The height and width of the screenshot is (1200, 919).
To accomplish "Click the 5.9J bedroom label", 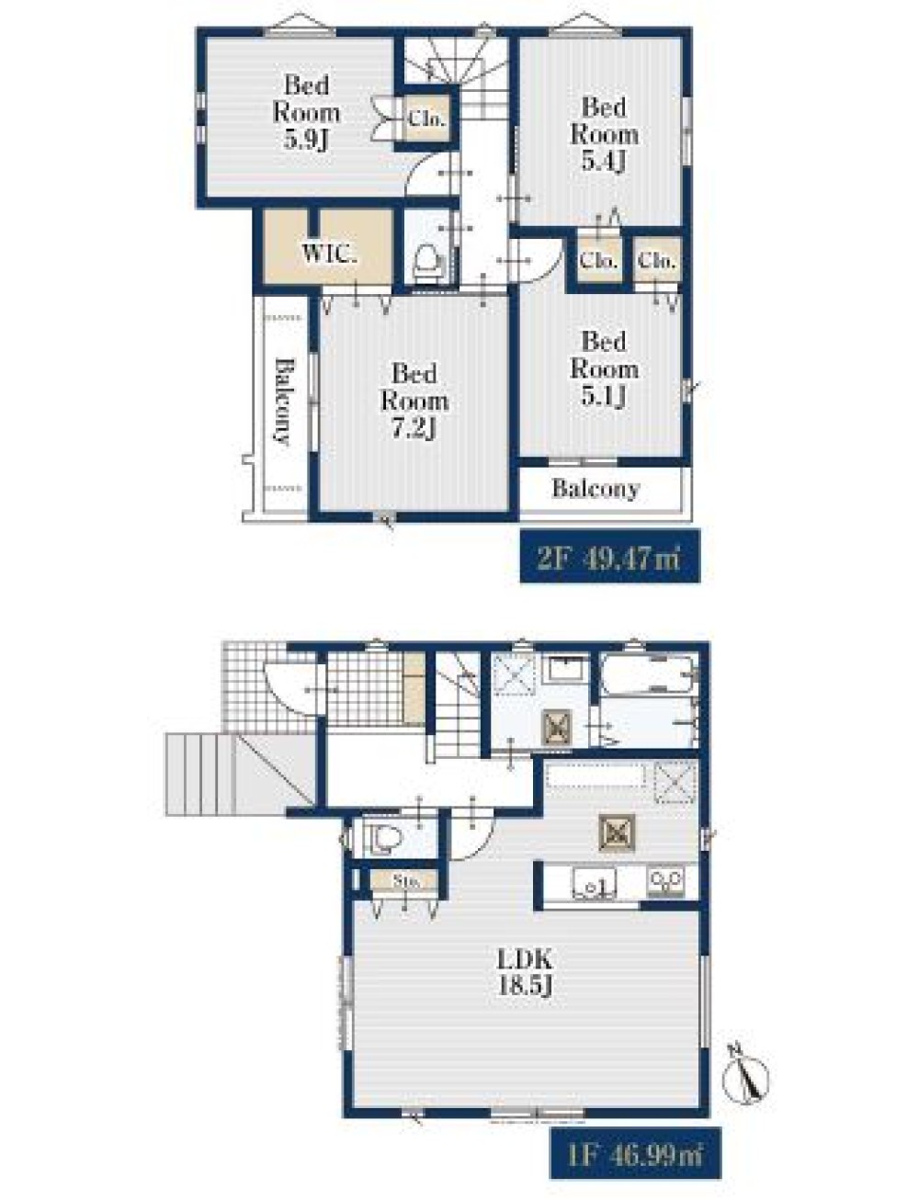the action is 306,113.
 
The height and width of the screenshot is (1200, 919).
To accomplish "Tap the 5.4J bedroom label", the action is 604,134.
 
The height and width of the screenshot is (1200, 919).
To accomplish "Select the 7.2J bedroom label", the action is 414,402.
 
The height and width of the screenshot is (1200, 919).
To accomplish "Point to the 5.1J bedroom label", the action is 604,368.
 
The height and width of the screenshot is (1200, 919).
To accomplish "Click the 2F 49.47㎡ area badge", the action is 609,556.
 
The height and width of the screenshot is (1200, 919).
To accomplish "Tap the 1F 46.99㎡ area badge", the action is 635,1154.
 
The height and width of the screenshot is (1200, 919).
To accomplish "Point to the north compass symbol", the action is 747,1074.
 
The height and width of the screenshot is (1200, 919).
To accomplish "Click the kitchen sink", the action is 594,882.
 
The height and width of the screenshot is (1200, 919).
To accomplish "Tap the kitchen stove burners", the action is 665,881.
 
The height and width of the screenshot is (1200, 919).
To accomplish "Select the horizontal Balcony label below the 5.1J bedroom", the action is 596,489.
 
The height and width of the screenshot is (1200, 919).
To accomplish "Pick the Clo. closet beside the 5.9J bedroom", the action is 427,119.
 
